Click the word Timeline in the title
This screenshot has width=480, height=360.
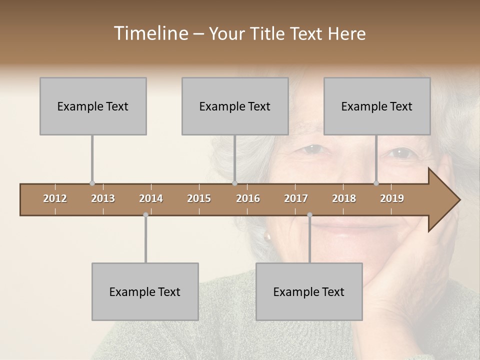tap(150, 33)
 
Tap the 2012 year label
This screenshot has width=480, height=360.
tap(55, 198)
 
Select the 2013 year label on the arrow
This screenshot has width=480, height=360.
tap(103, 198)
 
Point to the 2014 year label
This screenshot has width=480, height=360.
tap(151, 198)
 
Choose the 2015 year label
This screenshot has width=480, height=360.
tap(199, 198)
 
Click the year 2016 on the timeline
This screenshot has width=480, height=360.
tap(248, 198)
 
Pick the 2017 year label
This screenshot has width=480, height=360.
tap(296, 198)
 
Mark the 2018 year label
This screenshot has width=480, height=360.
tap(344, 198)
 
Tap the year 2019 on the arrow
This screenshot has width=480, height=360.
tap(392, 198)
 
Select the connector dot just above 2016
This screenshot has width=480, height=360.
tap(234, 183)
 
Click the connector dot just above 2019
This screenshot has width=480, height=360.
tap(376, 183)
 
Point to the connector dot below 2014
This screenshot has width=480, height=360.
tap(145, 215)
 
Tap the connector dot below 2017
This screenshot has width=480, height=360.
tap(309, 215)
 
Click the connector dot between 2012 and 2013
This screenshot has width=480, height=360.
tap(92, 183)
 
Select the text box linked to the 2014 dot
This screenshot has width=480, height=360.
tap(145, 291)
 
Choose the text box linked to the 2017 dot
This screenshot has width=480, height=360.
tap(309, 291)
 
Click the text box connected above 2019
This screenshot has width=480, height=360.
tap(377, 106)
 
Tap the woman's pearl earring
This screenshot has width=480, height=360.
tap(268, 236)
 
